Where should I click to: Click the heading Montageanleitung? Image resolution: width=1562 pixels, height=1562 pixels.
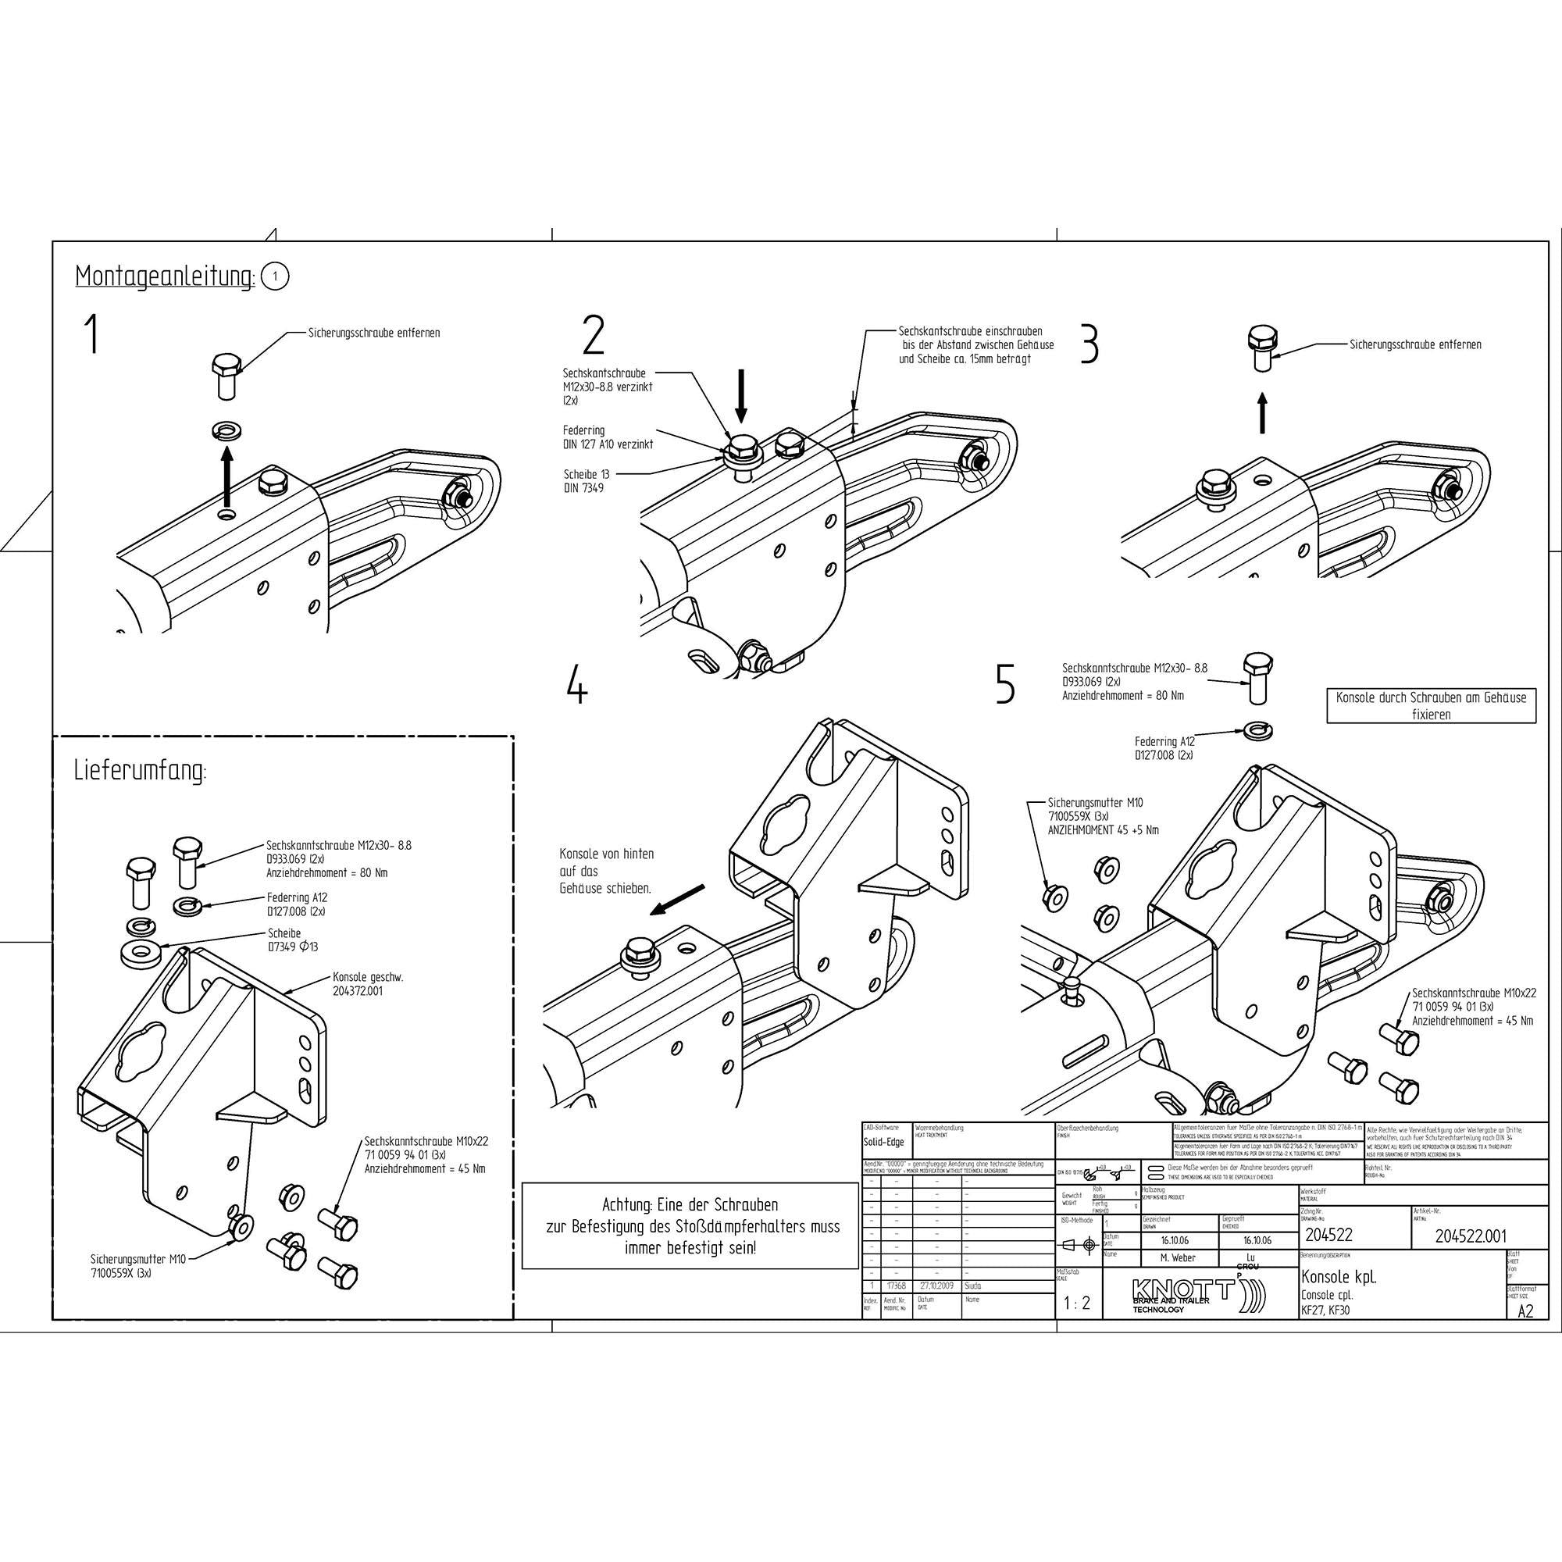click(x=165, y=276)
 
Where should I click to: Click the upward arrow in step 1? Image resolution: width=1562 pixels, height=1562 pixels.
click(x=227, y=478)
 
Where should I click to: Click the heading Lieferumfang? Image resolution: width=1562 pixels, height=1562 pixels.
click(x=140, y=771)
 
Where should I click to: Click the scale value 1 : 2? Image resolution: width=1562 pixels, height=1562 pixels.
click(x=1077, y=1303)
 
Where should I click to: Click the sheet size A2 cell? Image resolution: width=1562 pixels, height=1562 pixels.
click(x=1525, y=1311)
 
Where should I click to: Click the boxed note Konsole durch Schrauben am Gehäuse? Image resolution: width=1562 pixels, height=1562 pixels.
click(x=1431, y=705)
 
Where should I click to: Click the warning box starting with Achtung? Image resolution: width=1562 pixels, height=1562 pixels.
click(x=690, y=1225)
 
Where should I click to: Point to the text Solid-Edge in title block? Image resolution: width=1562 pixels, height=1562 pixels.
click(x=883, y=1143)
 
